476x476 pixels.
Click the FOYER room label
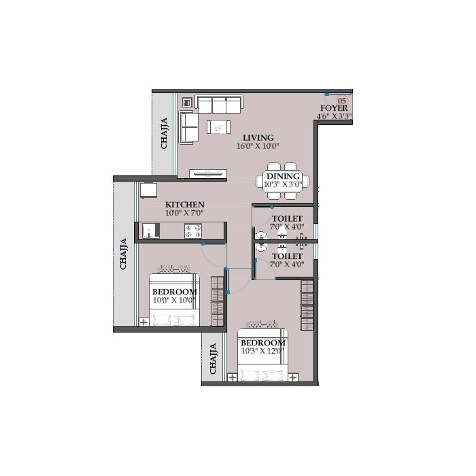coord(334,108)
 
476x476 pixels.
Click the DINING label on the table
coord(283,176)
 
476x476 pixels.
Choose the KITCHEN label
coord(184,204)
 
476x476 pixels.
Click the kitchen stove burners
coord(193,231)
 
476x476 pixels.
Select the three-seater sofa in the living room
coord(219,104)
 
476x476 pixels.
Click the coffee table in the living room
coord(219,126)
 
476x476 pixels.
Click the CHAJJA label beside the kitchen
coord(124,254)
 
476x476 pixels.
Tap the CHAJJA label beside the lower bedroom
coord(214,359)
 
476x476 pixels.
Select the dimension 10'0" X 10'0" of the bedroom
coord(173,299)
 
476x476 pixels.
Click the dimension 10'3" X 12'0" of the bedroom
coord(262,352)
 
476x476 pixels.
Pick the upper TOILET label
coord(283,219)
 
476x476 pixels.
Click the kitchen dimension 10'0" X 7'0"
coord(184,213)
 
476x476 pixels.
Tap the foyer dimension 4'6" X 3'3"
coord(334,116)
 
